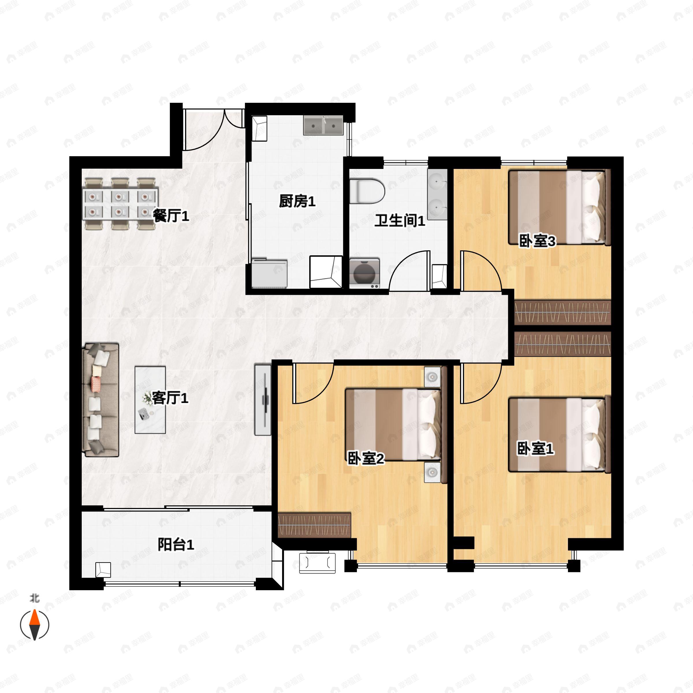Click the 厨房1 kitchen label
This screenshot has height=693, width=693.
[297, 202]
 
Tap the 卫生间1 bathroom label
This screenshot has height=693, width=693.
[400, 221]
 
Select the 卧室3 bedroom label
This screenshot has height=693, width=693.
[537, 241]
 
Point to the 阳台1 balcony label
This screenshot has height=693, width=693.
[176, 545]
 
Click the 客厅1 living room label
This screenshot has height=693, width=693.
[170, 398]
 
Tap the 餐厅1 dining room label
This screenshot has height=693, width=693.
[171, 216]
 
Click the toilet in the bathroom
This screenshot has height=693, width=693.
[367, 191]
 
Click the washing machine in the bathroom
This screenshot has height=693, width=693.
[364, 273]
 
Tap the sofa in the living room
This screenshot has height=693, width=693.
[101, 400]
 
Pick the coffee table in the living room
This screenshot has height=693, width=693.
[150, 400]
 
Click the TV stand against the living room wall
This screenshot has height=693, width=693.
[263, 400]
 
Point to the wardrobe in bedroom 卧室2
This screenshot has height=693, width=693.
[314, 526]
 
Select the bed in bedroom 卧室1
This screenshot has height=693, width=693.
[560, 434]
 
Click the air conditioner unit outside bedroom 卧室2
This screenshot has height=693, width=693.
[317, 563]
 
